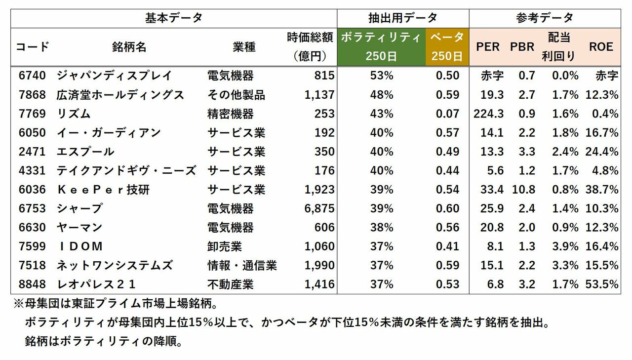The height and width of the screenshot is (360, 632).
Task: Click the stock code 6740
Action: click(x=32, y=76)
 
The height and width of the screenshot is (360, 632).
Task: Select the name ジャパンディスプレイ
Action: click(x=114, y=76)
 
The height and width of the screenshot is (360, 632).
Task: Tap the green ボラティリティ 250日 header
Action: click(x=381, y=47)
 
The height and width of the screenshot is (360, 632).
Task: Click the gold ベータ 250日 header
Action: click(x=447, y=47)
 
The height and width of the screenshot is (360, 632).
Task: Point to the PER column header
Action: click(x=488, y=47)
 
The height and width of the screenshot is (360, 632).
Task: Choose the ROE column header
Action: click(x=601, y=47)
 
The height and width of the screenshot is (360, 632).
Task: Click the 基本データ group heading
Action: click(x=174, y=18)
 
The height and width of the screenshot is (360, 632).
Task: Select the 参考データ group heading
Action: click(x=545, y=18)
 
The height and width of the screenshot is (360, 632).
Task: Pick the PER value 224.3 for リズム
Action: click(x=488, y=114)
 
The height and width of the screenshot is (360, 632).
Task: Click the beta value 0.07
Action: click(x=448, y=114)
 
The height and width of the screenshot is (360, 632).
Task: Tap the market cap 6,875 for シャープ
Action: click(x=319, y=208)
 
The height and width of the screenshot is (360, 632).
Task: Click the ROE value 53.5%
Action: click(x=602, y=284)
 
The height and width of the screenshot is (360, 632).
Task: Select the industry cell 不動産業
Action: click(x=231, y=284)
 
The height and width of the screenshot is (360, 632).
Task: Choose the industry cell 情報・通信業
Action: click(x=242, y=265)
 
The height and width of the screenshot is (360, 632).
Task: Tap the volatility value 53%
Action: click(x=381, y=76)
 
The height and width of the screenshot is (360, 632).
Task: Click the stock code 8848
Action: click(x=32, y=284)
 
